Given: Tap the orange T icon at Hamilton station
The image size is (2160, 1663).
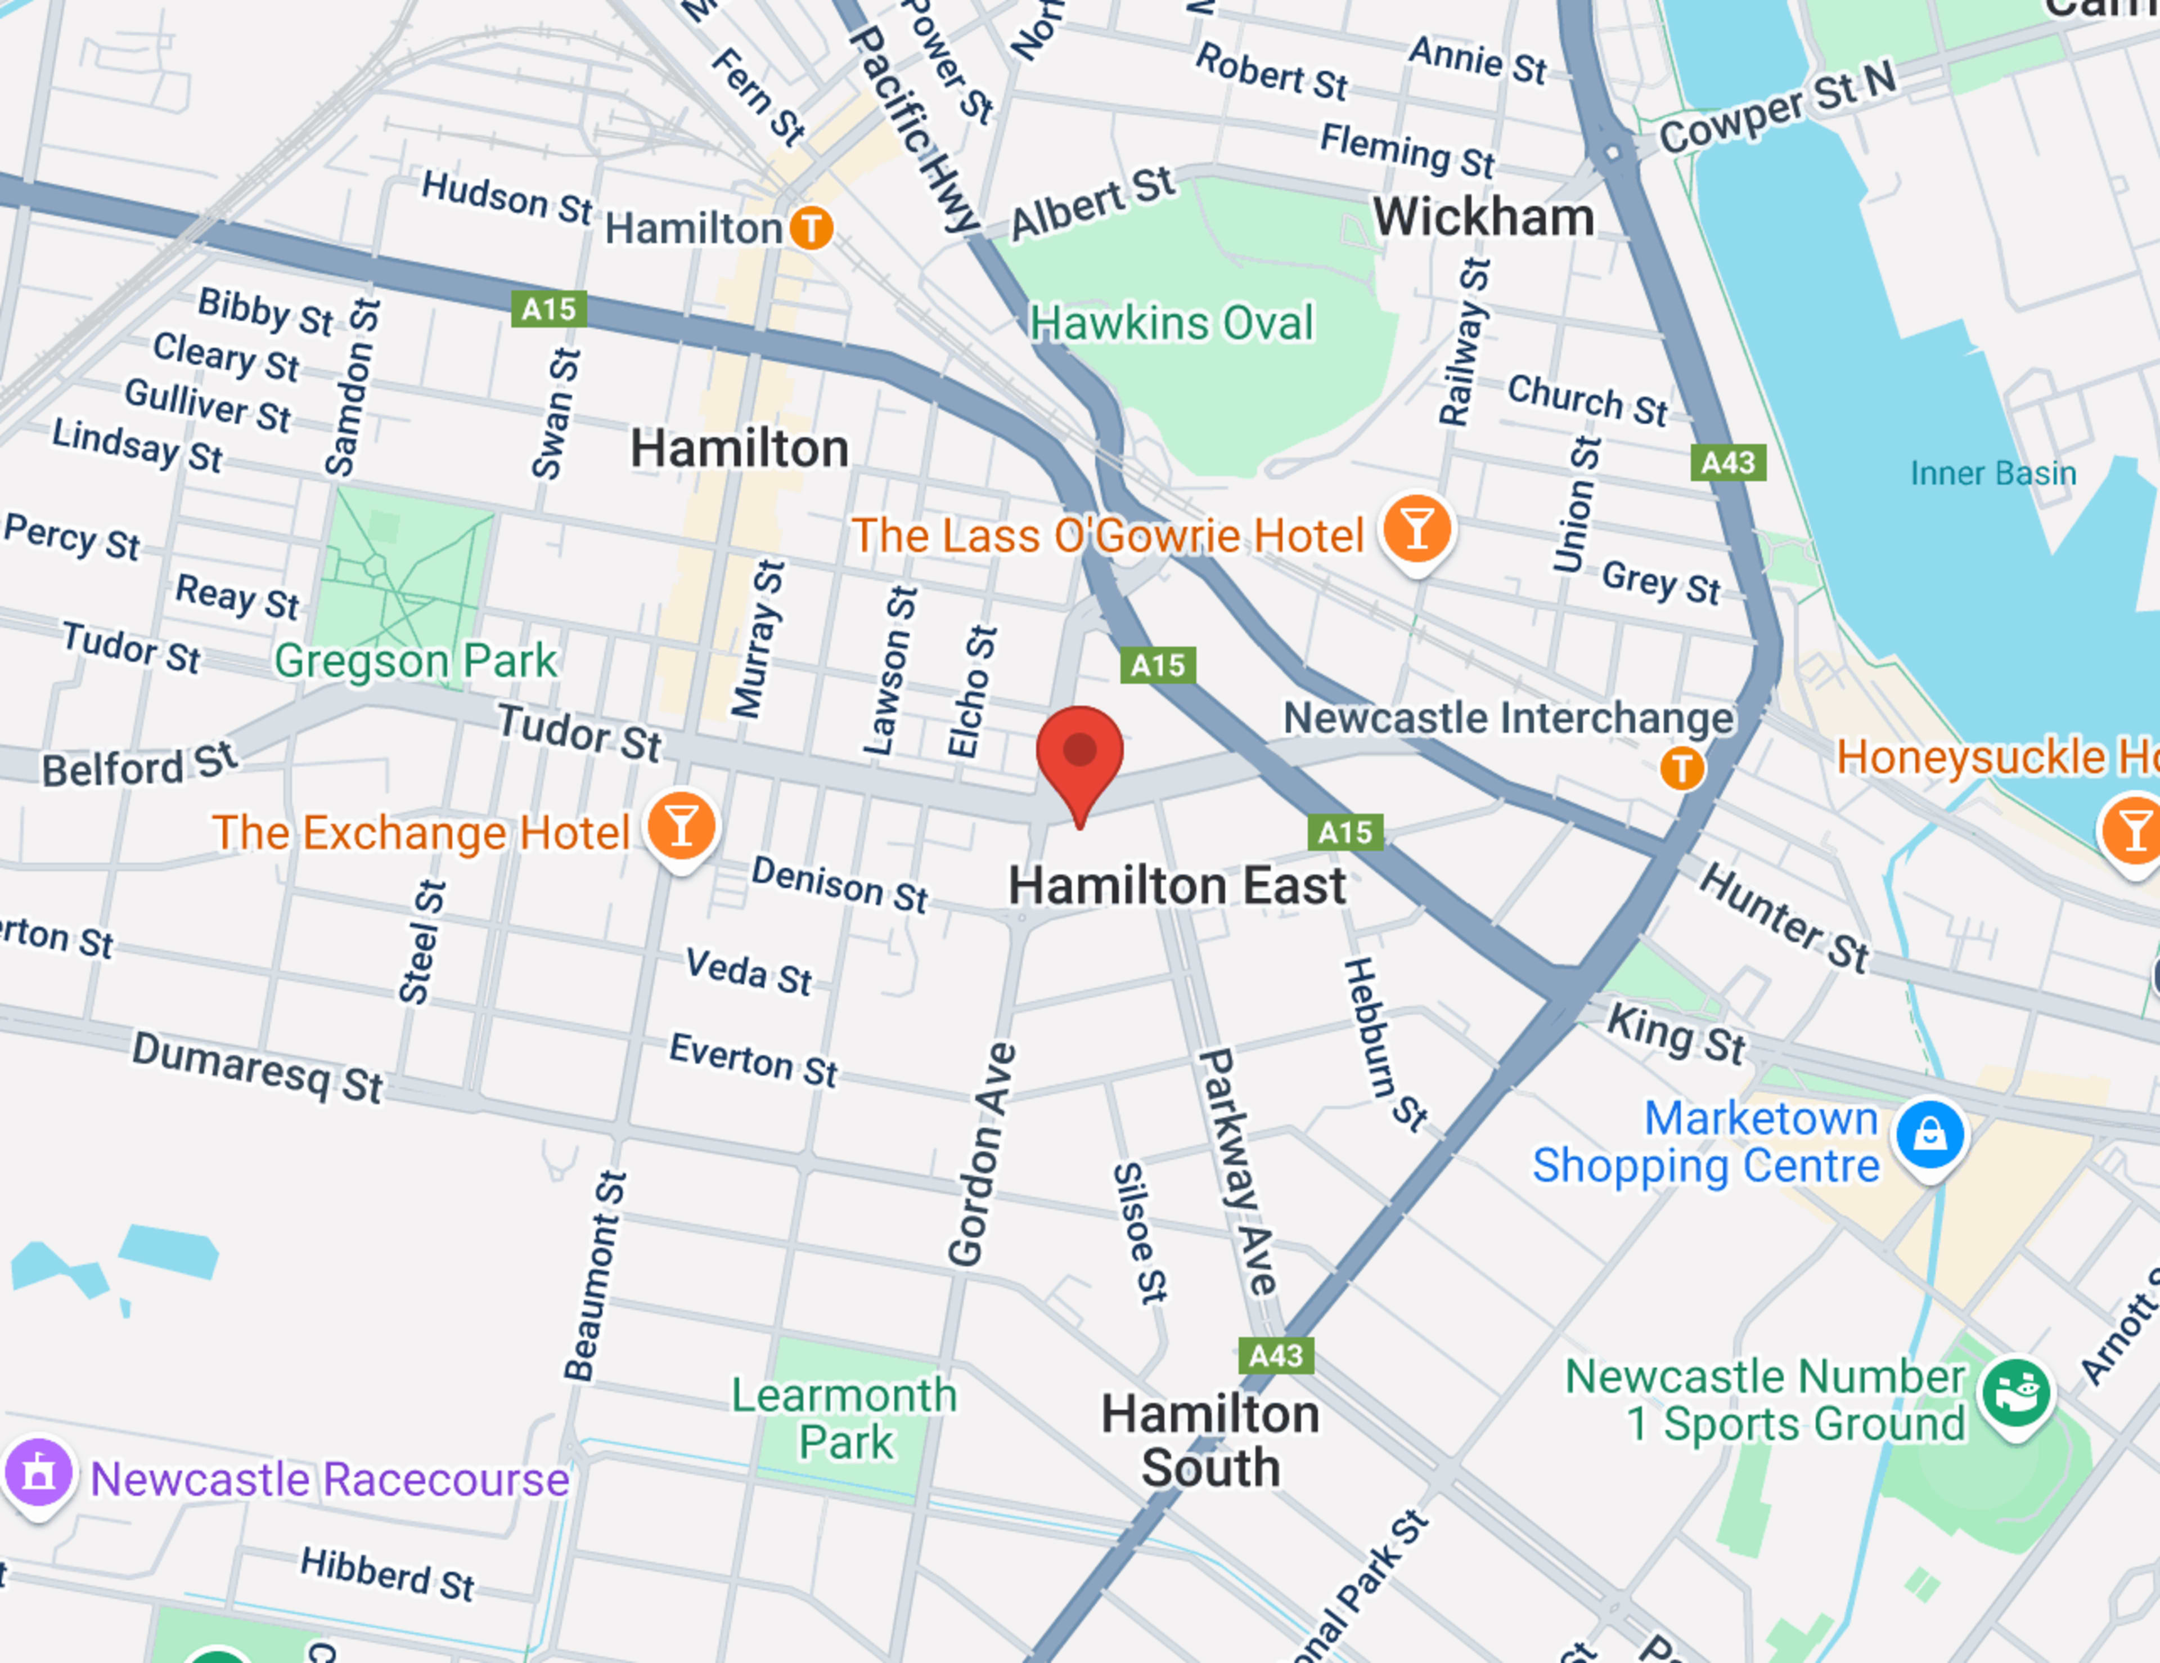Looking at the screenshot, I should coord(811,228).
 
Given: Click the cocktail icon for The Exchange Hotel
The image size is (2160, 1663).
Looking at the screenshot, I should coord(681,826).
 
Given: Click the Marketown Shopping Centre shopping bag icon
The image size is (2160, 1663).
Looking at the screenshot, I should coord(1929,1135).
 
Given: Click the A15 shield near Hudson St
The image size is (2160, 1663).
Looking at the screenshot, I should coord(549,310).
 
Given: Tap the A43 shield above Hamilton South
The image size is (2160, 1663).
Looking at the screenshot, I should coord(1276,1355).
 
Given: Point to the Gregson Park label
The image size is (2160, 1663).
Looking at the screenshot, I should coord(415,661).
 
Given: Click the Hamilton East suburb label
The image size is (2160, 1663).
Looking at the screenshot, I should coord(1177,885).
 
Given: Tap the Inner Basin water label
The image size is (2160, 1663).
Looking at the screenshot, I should coord(1993,474).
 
